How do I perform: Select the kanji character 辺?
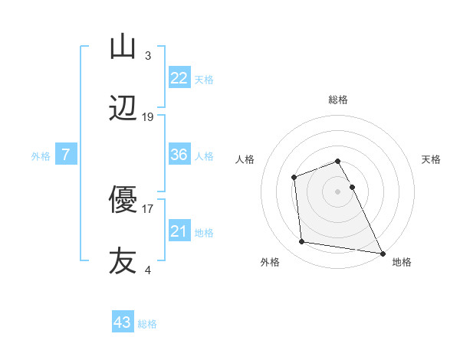pyautogui.click(x=123, y=110)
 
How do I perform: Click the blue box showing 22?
pyautogui.click(x=179, y=78)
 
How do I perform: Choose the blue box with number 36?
pyautogui.click(x=179, y=155)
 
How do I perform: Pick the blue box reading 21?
pyautogui.click(x=179, y=231)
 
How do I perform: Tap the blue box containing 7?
pyautogui.click(x=66, y=155)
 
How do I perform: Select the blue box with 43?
pyautogui.click(x=123, y=322)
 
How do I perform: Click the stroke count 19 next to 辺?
pyautogui.click(x=148, y=117)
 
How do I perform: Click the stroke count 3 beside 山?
pyautogui.click(x=148, y=55)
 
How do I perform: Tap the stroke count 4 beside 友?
pyautogui.click(x=148, y=270)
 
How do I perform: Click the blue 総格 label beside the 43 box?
pyautogui.click(x=147, y=324)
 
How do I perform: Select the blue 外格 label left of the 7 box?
pyautogui.click(x=41, y=156)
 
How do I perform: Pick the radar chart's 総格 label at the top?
pyautogui.click(x=337, y=100)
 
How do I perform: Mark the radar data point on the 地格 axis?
pyautogui.click(x=382, y=252)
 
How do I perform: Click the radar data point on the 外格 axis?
pyautogui.click(x=302, y=242)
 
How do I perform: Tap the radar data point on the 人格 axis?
pyautogui.click(x=294, y=178)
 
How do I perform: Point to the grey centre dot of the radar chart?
pyautogui.click(x=337, y=191)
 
